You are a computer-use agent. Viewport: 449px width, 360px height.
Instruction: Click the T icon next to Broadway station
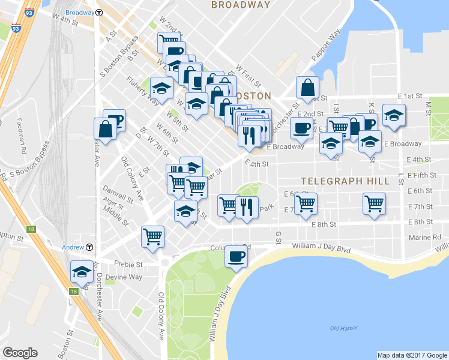click(x=99, y=12)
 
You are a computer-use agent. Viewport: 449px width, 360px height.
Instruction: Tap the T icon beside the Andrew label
click(x=89, y=247)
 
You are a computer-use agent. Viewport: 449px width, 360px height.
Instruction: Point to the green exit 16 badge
click(x=74, y=291)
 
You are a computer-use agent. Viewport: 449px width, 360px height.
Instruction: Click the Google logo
click(x=20, y=353)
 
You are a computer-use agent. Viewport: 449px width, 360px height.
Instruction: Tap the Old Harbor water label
click(x=343, y=328)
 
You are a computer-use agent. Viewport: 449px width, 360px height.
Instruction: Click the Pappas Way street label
click(x=325, y=44)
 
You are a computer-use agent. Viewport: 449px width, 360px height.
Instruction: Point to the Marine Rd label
click(x=428, y=237)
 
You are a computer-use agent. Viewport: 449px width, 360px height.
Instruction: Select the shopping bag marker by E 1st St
click(x=307, y=87)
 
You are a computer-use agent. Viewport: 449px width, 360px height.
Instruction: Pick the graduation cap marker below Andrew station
click(x=81, y=272)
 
